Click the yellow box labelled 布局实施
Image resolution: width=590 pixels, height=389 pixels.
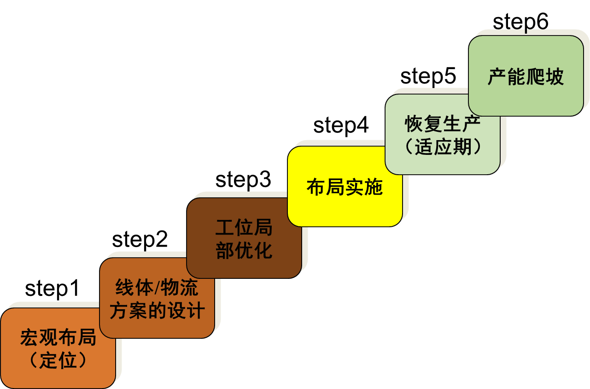[345, 187]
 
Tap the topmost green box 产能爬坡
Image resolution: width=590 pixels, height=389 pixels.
[526, 76]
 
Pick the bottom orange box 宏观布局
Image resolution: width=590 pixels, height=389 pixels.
[58, 348]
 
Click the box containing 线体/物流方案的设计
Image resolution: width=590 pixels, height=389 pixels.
[157, 298]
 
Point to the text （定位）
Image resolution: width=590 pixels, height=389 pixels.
[58, 360]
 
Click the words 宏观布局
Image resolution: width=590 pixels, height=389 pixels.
[58, 338]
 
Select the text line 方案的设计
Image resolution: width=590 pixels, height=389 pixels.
[157, 311]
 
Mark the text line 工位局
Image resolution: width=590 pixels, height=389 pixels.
[244, 228]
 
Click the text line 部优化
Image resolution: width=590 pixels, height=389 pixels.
[244, 251]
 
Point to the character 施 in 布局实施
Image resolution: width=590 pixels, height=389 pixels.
[374, 187]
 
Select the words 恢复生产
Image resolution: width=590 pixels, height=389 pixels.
[443, 124]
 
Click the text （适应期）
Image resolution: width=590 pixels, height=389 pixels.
[443, 147]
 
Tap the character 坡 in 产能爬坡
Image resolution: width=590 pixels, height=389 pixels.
[555, 77]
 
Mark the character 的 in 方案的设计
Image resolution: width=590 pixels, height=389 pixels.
[157, 311]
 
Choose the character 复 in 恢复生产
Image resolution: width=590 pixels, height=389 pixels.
[433, 124]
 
